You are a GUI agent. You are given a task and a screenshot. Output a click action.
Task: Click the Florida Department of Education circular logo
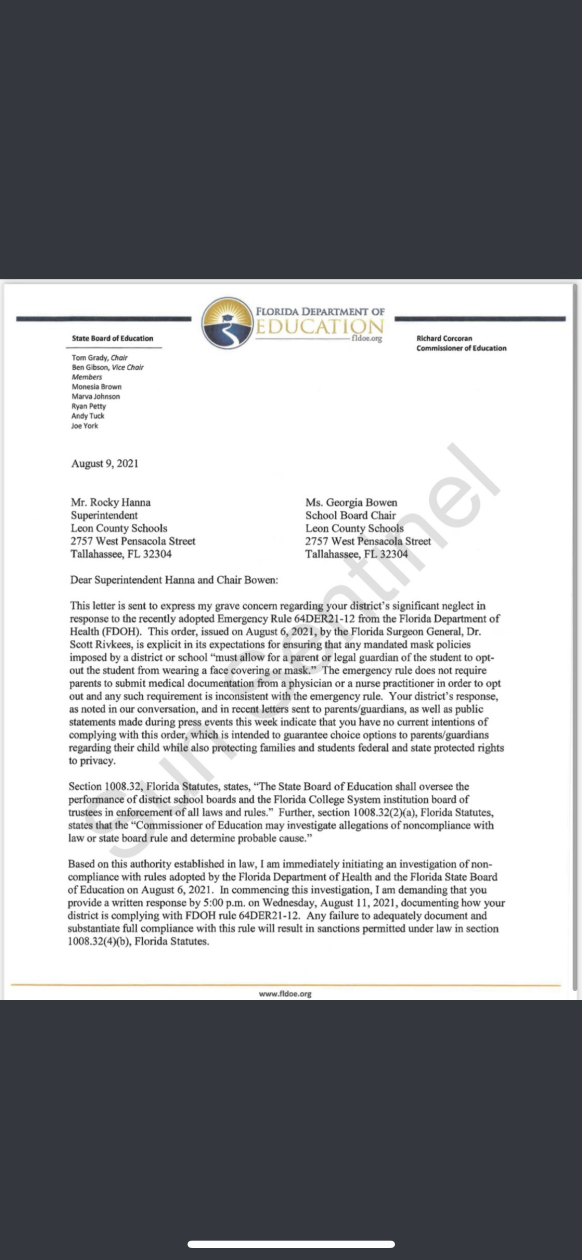pos(226,322)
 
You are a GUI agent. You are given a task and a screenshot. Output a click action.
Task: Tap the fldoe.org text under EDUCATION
pos(366,339)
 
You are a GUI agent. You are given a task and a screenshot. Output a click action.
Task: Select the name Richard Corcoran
pos(444,338)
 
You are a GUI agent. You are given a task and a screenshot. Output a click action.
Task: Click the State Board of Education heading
pos(112,338)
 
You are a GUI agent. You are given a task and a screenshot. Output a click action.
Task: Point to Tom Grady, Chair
pos(99,358)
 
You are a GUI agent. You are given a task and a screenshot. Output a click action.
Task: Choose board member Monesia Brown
pos(97,387)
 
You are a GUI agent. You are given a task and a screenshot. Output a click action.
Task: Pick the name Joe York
pos(85,426)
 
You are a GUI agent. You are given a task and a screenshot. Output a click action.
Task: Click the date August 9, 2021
pos(105,464)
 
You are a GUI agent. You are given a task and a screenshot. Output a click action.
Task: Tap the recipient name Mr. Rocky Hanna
pos(110,503)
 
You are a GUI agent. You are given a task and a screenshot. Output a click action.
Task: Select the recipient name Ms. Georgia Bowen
pos(351,503)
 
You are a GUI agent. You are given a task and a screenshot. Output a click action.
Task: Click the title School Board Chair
pos(351,516)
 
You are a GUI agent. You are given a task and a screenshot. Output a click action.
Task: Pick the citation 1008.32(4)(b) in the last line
pos(98,942)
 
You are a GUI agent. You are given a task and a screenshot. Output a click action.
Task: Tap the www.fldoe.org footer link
pos(285,994)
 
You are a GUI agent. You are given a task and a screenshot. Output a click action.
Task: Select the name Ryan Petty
pos(89,407)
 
